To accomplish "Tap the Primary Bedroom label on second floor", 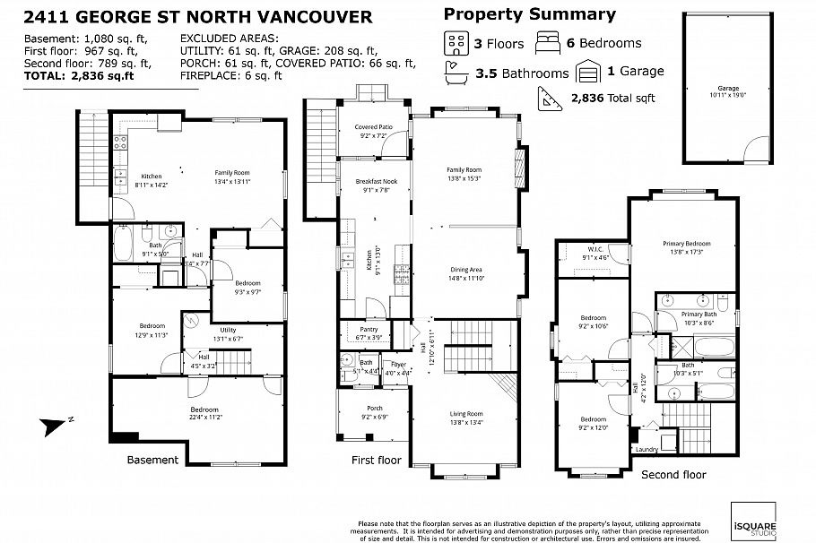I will tap(687, 247).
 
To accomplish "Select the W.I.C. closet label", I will tap(596, 253).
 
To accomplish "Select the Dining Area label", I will tap(465, 272).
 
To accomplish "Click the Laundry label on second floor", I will tap(646, 449).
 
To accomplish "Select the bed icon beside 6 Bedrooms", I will tap(549, 43).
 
